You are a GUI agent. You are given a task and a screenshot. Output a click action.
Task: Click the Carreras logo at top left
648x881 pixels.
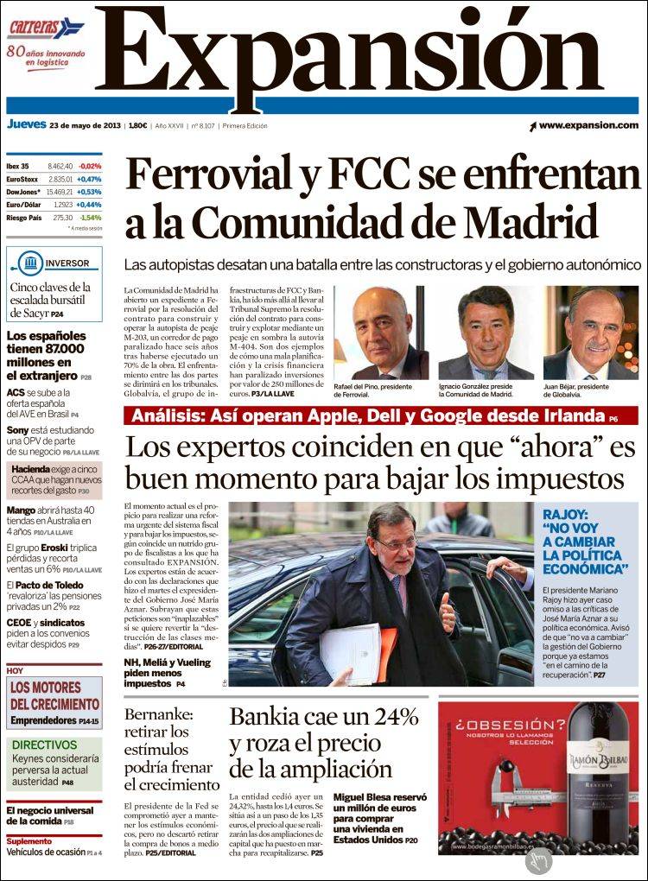[x=46, y=28]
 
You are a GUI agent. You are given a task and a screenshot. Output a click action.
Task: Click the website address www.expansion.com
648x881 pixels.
[x=588, y=125]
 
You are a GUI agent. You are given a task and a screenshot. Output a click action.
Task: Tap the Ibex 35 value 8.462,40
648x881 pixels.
[x=60, y=166]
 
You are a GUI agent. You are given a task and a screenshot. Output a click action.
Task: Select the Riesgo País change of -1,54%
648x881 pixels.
[x=90, y=218]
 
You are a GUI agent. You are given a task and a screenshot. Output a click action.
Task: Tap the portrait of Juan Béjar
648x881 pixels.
[x=591, y=333]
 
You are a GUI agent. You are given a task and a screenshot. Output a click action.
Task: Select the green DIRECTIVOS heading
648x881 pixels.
[x=45, y=745]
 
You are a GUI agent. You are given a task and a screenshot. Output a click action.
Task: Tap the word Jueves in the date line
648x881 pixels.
[x=26, y=124]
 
